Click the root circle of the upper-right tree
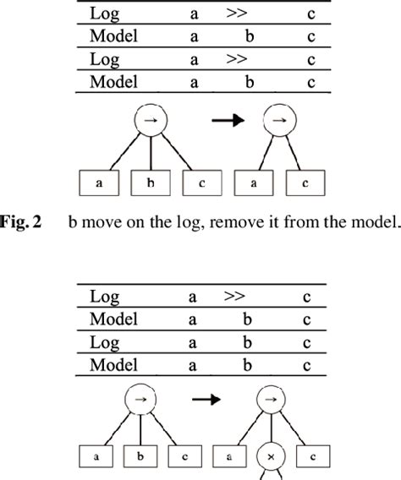pos(278,121)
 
